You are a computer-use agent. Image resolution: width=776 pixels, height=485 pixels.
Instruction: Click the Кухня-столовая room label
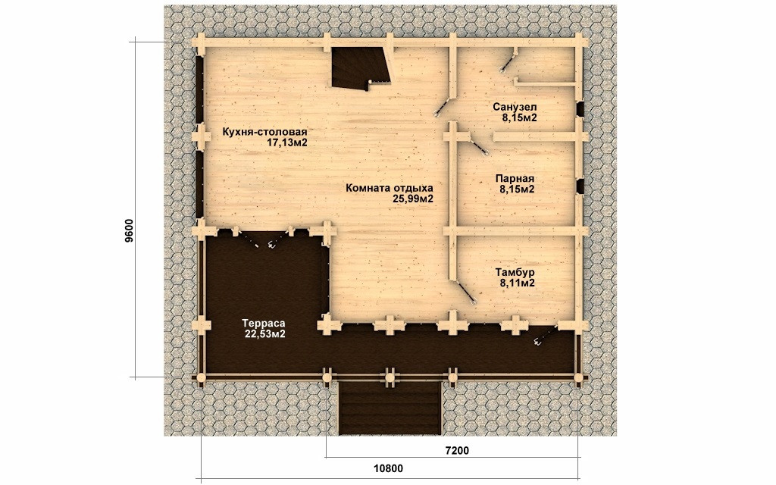pos(264,132)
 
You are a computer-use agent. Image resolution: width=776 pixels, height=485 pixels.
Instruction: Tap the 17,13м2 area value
pos(287,143)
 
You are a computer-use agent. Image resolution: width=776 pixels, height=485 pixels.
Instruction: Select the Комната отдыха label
pos(390,188)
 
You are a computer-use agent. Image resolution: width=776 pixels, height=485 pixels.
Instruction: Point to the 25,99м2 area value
pos(413,199)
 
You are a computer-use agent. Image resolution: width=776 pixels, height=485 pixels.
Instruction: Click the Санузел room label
pos(515,107)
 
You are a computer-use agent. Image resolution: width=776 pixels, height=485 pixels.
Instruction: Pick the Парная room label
pos(515,179)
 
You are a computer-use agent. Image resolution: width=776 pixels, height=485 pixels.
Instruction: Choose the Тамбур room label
pos(515,273)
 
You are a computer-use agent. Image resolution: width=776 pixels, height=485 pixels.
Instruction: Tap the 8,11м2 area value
pos(517,283)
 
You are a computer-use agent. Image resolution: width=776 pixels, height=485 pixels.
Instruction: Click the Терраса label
pos(263,323)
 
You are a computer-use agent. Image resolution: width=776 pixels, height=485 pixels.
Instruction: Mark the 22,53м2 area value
pos(264,334)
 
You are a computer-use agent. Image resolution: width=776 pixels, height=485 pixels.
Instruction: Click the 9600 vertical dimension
pos(129,231)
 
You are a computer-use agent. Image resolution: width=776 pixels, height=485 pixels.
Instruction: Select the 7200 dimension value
pos(457,450)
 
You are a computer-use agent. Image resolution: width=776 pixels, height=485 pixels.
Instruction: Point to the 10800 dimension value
pos(388,468)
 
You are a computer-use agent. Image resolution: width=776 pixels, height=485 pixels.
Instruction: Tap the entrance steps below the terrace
pos(390,408)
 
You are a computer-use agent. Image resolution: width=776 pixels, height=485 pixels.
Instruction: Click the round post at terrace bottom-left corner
pos(200,378)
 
